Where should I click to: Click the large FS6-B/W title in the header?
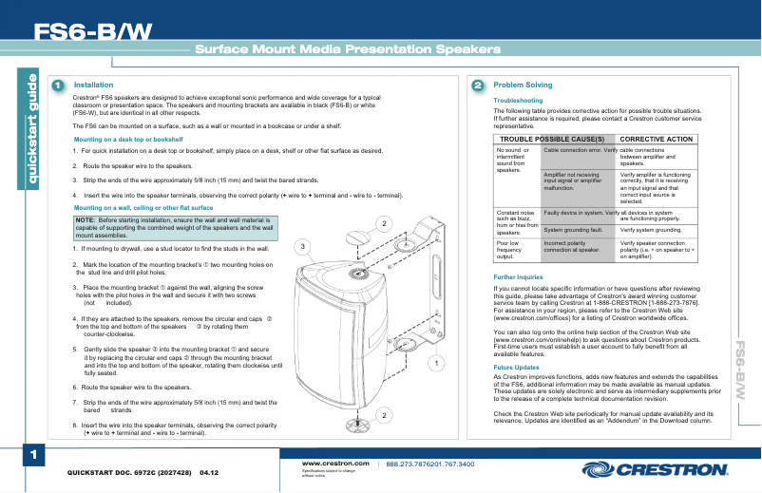(x=92, y=32)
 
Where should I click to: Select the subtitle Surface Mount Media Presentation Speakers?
(x=348, y=49)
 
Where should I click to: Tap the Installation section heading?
(x=93, y=85)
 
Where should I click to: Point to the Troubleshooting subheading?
(x=519, y=100)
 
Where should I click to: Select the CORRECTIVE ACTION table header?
(x=657, y=139)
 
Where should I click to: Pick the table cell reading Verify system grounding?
(x=651, y=230)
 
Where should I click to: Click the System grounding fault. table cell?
(x=574, y=230)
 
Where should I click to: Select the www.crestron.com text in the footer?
(x=334, y=464)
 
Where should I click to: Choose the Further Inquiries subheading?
(x=519, y=277)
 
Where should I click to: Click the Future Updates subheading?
(x=517, y=367)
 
